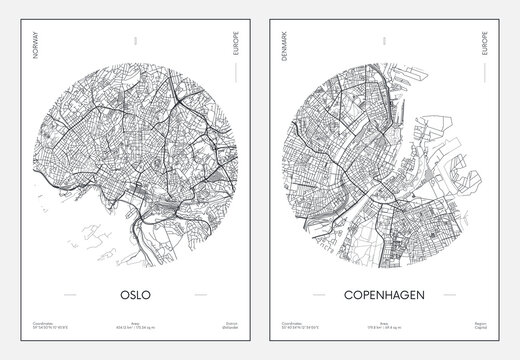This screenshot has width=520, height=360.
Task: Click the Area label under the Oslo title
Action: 131,322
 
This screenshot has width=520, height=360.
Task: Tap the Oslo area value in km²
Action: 131,328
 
